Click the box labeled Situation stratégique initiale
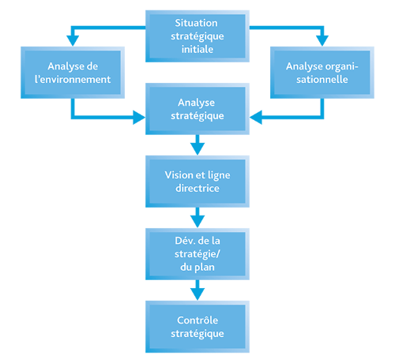pos(197,36)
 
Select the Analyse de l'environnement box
pos(73,73)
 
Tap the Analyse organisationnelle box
pos(322,73)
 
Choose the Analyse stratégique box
pos(197,109)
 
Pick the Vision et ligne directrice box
pos(197,181)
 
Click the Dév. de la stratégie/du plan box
pos(197,254)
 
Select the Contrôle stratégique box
pos(197,327)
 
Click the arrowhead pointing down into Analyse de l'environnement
pos(73,41)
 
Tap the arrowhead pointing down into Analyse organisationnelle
pos(322,41)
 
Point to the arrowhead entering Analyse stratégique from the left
pos(139,118)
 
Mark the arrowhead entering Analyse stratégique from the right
pos(256,118)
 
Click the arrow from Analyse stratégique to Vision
pos(197,145)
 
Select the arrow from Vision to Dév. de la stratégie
pos(197,218)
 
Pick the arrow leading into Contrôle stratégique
pos(197,290)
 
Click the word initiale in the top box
pos(197,49)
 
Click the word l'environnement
pos(73,79)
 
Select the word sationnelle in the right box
pos(322,79)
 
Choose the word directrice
pos(197,188)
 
